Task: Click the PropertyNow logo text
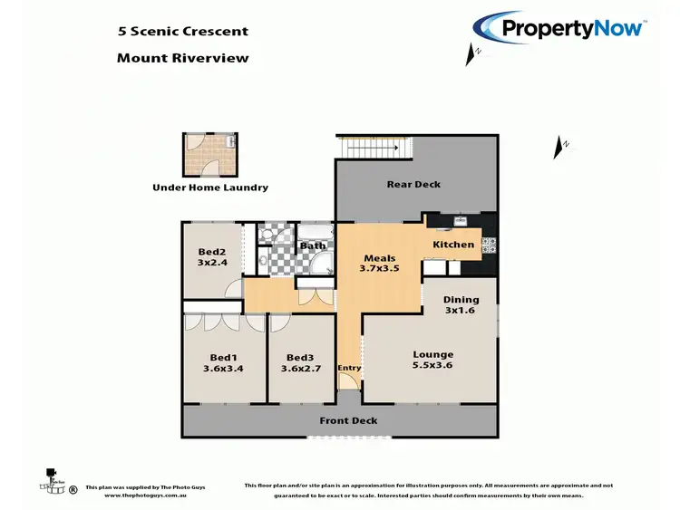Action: click(572, 28)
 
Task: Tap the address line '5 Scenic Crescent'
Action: click(182, 31)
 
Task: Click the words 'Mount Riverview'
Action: click(182, 58)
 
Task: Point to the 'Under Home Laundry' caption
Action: click(209, 188)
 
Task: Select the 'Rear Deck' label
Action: click(413, 184)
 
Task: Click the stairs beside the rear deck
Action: click(374, 147)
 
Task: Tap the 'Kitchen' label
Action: click(452, 245)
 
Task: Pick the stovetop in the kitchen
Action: click(489, 243)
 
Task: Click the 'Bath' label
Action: click(313, 245)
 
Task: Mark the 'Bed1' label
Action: click(223, 356)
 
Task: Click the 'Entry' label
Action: click(349, 368)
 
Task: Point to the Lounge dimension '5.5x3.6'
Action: click(432, 367)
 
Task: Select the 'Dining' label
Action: click(460, 299)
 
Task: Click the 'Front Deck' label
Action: click(347, 421)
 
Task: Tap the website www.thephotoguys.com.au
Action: click(145, 496)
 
